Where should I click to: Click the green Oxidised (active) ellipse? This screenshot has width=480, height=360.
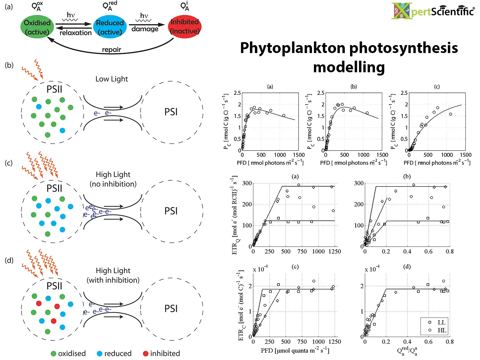[37, 27]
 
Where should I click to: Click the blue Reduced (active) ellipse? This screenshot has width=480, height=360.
[110, 27]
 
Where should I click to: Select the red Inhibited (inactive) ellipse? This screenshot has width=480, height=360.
[185, 27]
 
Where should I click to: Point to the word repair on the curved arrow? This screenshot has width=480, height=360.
[111, 50]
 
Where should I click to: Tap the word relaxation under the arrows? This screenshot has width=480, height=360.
[76, 32]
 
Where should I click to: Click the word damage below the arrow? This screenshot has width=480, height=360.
[145, 29]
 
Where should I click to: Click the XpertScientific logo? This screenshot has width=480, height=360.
[433, 11]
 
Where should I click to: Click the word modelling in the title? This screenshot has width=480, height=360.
[349, 67]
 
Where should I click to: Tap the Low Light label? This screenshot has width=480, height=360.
[111, 79]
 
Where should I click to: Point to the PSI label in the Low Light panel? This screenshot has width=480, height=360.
[171, 112]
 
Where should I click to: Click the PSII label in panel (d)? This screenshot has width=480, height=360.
[54, 286]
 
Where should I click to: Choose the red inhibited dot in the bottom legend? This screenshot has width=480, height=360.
[146, 353]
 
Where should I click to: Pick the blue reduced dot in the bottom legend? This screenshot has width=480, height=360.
[99, 353]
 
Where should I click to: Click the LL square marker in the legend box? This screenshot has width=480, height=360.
[430, 323]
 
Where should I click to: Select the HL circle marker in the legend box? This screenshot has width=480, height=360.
[430, 330]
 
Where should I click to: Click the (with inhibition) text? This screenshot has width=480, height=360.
[113, 280]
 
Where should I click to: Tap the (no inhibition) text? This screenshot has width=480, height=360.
[113, 184]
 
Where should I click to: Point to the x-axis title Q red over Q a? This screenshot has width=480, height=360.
[407, 351]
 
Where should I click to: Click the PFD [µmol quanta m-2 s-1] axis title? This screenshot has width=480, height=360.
[295, 350]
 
